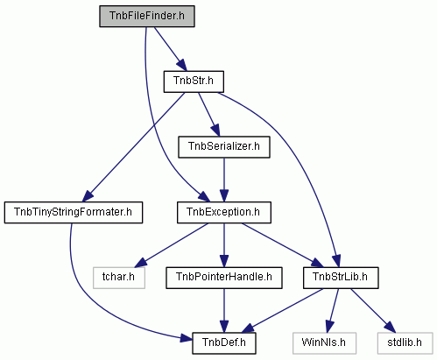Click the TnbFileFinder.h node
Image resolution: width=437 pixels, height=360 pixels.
tap(147, 16)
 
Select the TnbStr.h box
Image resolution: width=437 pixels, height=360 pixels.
tap(194, 81)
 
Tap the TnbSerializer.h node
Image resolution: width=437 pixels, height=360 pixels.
tap(224, 147)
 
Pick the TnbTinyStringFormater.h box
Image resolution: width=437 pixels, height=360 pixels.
tap(74, 212)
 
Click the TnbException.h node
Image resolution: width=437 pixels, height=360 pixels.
tap(224, 212)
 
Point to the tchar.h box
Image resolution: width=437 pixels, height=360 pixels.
tap(119, 278)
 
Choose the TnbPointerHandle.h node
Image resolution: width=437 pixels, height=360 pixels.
tap(224, 278)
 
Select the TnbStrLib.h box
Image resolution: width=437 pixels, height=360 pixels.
tap(341, 278)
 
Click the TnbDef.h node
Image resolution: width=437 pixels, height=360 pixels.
tap(224, 343)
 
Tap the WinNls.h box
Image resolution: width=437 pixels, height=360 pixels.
tap(324, 343)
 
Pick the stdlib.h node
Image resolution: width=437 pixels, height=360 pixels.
tap(405, 343)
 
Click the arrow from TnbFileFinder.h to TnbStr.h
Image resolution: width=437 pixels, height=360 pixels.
tap(170, 49)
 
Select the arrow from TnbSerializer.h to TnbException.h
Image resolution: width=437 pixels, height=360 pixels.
tap(224, 180)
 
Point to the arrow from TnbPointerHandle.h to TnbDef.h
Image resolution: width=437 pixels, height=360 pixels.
tap(224, 311)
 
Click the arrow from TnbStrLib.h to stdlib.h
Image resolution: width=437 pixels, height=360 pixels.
tap(373, 311)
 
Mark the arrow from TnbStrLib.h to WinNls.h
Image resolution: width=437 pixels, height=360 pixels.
tap(333, 311)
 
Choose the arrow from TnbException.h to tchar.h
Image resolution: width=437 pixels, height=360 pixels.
tap(172, 245)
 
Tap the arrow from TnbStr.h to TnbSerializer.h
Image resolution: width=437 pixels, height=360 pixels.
tap(208, 114)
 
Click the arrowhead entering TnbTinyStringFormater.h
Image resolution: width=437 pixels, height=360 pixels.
tap(88, 196)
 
